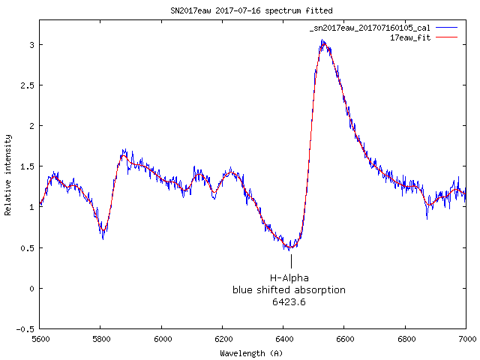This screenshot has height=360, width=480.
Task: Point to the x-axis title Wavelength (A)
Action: tap(251, 352)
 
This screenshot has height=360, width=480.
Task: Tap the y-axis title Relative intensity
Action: tap(9, 175)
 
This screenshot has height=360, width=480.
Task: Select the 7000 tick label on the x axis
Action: tap(466, 340)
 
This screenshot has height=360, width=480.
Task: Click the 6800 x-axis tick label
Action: tap(405, 340)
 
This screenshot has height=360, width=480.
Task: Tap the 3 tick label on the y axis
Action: tap(30, 45)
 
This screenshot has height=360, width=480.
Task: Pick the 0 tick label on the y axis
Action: tap(30, 288)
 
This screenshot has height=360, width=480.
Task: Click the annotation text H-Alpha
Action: tap(289, 278)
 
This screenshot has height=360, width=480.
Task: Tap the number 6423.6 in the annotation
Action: tap(289, 302)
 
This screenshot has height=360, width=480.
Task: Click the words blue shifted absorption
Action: tap(289, 290)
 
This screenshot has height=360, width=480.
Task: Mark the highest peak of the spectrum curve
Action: tap(322, 42)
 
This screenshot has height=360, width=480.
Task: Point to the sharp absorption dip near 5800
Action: tap(103, 236)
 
